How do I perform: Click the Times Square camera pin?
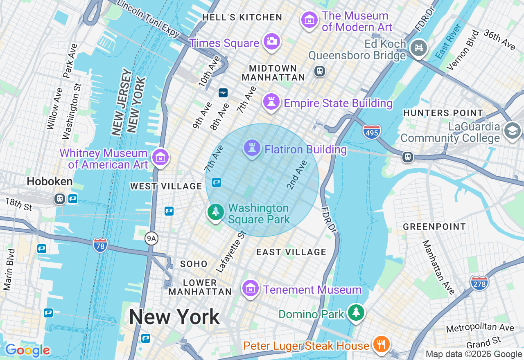point(271,41)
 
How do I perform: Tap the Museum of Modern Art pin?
point(309,20)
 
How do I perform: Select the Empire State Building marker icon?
point(271,101)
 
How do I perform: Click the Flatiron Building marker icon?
point(252,148)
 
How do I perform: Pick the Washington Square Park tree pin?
point(215,212)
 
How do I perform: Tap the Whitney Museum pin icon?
point(160,157)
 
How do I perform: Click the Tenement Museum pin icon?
point(250,288)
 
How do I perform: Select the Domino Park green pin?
point(356,313)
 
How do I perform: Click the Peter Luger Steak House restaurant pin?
point(381,344)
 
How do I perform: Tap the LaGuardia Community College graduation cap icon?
point(513,131)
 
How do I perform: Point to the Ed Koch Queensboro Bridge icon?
point(418,48)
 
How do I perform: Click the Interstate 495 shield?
point(371,132)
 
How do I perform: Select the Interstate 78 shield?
point(100,245)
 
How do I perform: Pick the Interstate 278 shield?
point(479,283)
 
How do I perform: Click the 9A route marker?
point(151,238)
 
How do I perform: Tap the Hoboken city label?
point(50,181)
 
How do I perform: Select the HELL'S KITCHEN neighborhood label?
point(242,17)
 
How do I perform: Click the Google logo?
point(27,350)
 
